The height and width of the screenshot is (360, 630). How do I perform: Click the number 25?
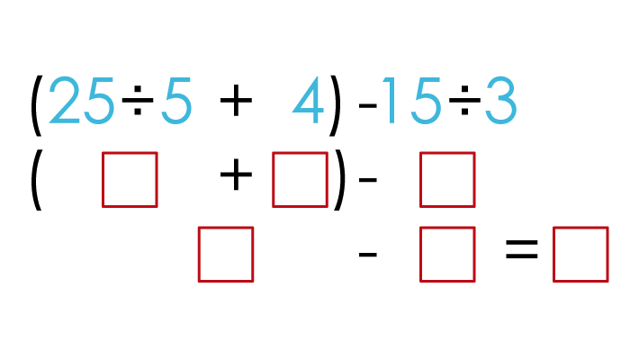click(x=81, y=100)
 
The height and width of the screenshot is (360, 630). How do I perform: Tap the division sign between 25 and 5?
click(x=138, y=100)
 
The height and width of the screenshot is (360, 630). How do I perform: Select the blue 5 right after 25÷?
click(x=176, y=101)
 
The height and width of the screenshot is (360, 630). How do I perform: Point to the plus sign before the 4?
click(x=236, y=100)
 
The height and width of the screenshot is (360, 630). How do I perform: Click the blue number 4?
click(x=309, y=100)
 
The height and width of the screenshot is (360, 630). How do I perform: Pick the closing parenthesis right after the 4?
click(x=335, y=105)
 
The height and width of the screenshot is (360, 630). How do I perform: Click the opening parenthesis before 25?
click(x=37, y=105)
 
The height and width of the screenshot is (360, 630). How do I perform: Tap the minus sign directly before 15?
click(x=367, y=105)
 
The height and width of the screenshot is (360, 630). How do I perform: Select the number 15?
click(x=412, y=101)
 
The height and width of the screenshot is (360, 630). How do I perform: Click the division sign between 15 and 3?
click(x=464, y=100)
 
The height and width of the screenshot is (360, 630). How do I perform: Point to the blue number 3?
click(x=500, y=101)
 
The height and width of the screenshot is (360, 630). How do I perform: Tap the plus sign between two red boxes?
click(x=236, y=175)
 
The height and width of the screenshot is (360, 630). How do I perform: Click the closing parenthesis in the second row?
click(x=338, y=180)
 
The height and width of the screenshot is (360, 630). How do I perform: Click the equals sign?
click(x=521, y=249)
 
